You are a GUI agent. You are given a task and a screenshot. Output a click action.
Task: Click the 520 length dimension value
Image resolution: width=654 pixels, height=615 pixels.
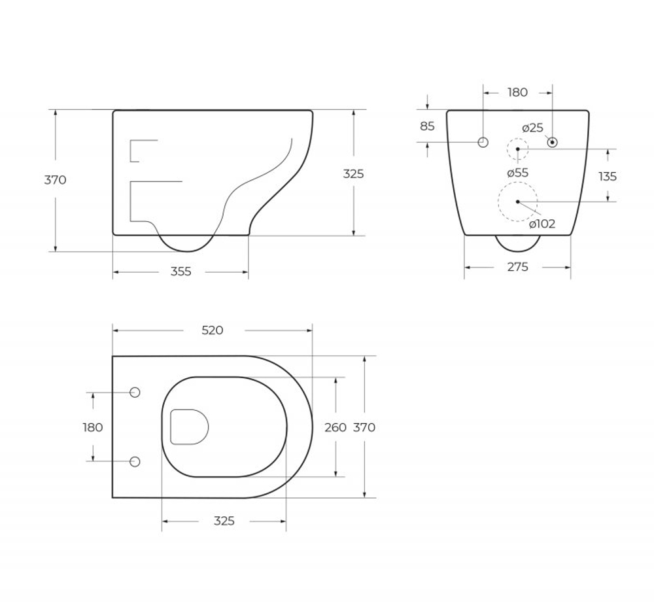213,330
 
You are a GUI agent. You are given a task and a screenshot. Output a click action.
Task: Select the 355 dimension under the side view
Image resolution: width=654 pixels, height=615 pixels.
181,272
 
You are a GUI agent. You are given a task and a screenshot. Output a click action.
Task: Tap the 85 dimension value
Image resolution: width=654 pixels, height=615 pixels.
427,126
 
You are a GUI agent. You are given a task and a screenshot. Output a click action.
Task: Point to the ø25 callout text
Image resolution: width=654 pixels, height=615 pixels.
532,128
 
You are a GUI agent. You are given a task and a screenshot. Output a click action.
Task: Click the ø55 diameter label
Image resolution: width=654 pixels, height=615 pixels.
518,173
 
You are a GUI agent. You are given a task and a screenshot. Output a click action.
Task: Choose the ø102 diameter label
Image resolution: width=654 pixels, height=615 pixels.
542,224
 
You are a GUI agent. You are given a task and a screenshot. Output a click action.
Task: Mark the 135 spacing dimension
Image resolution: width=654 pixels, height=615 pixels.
608,176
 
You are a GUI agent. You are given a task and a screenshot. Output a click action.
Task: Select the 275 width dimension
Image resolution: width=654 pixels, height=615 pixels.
517,266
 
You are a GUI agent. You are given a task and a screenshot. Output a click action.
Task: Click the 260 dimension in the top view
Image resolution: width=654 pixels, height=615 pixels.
336,427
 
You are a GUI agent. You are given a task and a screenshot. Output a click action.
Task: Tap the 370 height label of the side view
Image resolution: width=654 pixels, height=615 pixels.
55,180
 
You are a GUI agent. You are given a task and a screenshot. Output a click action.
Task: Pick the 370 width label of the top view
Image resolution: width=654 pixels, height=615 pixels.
364,427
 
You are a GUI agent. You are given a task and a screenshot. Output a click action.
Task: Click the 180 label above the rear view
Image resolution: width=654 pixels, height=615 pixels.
517,92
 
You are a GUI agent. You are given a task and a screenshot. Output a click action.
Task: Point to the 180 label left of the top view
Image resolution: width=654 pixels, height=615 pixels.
93,427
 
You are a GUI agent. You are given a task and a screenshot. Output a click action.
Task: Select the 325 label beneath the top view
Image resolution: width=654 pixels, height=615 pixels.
224,521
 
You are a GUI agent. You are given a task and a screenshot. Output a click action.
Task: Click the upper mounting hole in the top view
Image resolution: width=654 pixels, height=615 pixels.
135,393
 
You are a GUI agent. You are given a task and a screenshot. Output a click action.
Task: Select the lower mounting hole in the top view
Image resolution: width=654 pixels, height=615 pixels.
135,461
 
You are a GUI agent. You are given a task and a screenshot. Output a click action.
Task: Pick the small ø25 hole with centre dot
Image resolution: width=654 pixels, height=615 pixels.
552,142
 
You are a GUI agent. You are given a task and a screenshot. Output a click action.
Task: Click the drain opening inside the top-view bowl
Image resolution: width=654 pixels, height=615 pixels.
188,427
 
